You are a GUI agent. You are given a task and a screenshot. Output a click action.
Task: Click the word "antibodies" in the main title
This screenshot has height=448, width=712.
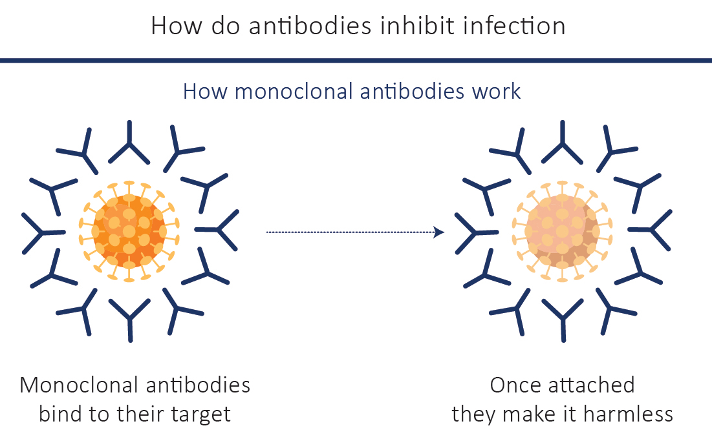click(310, 25)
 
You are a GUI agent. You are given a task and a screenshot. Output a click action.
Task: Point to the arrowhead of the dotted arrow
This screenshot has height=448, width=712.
click(439, 232)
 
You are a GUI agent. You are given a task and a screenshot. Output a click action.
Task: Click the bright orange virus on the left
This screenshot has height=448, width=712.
click(129, 232)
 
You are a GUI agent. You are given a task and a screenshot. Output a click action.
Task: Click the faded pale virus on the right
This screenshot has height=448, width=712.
click(563, 232)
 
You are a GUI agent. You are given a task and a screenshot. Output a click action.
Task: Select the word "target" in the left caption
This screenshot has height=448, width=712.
click(200, 414)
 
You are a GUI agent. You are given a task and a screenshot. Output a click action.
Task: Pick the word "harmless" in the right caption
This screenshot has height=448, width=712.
click(628, 414)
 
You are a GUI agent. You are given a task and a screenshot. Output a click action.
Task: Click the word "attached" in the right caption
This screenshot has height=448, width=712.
click(592, 385)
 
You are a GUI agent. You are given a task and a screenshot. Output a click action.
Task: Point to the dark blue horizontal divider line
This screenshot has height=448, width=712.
click(356, 60)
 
